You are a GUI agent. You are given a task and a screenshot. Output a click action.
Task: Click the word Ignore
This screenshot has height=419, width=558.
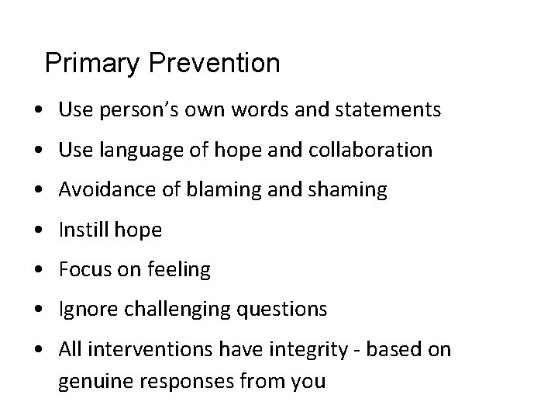[x=85, y=310]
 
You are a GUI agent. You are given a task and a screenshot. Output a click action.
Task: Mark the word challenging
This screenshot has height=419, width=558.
[x=181, y=310]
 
